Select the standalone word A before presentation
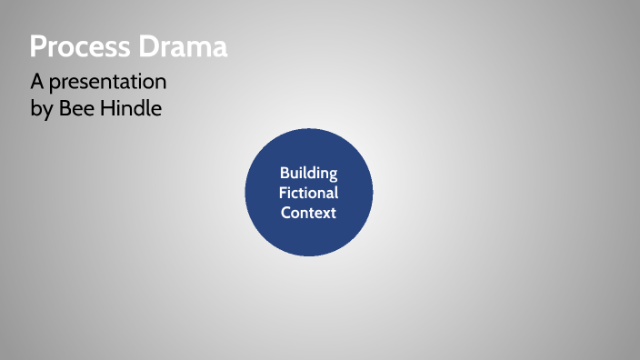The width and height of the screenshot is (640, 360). click(36, 82)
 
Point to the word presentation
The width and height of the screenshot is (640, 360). click(108, 83)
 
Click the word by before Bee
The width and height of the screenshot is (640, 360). click(42, 110)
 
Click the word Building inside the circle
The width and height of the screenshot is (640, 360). click(308, 173)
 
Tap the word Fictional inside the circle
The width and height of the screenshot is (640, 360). click(308, 193)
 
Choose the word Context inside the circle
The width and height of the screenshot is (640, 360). click(308, 213)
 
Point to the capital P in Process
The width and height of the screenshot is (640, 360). click(38, 46)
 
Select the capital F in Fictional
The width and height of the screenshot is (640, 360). click(283, 193)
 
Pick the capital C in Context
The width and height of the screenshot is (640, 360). click(285, 213)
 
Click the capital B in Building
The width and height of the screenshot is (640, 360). click(284, 173)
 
